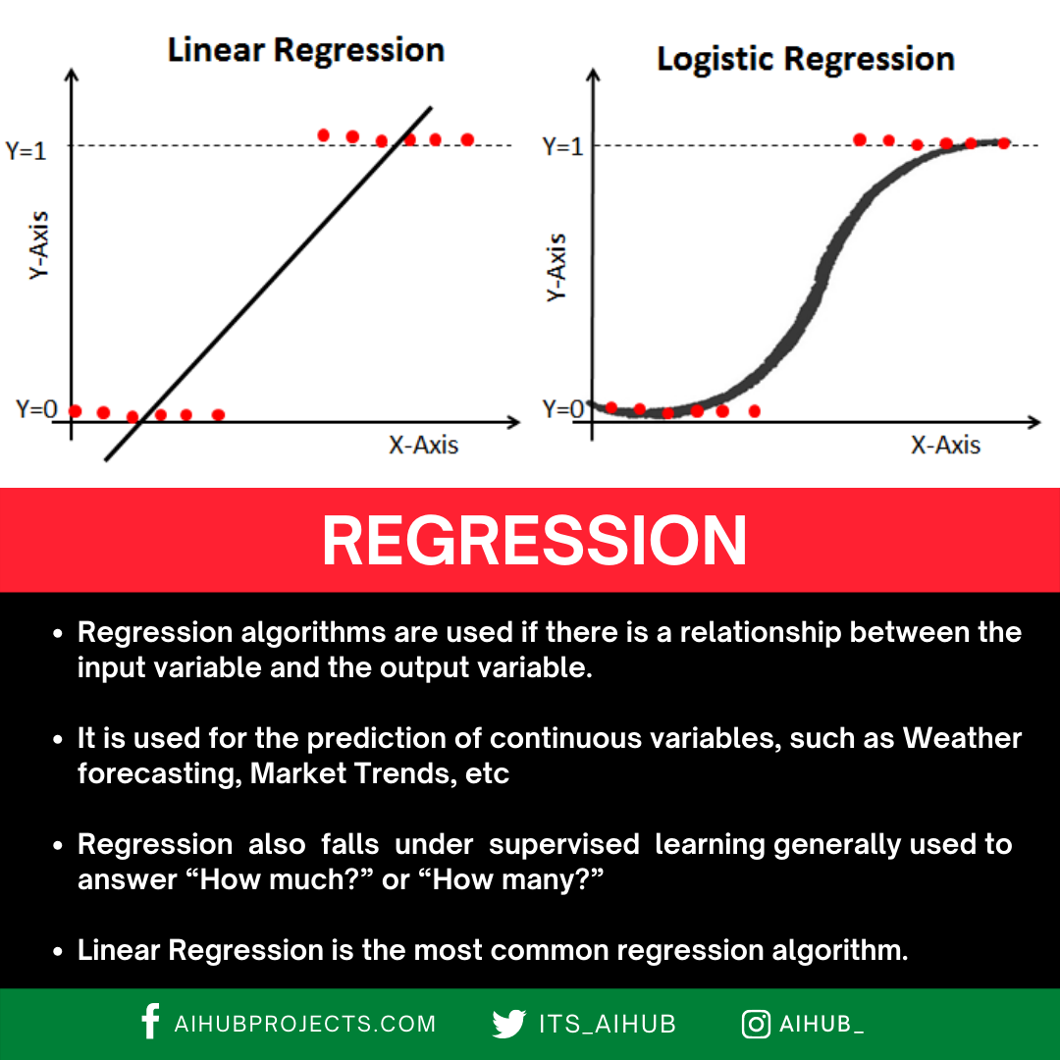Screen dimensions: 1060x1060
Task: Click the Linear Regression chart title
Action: [x=305, y=50]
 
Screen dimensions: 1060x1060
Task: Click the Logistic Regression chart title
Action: [x=805, y=59]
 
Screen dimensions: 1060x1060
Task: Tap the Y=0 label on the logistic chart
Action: [x=563, y=408]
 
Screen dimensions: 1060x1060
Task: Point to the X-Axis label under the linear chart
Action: [x=423, y=445]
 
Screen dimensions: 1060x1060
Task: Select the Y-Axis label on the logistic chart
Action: [x=556, y=267]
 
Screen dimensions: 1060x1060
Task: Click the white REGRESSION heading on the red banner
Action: [x=534, y=541]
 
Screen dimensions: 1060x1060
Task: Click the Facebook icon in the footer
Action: [x=150, y=1022]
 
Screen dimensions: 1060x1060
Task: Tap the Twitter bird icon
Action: [x=508, y=1024]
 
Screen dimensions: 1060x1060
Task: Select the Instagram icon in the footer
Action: [x=755, y=1024]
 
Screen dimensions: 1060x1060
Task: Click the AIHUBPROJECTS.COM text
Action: [x=304, y=1024]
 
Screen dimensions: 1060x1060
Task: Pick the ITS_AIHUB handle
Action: [x=608, y=1024]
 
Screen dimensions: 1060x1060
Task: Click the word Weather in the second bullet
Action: [x=962, y=738]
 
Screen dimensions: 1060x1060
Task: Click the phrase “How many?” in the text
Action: [x=517, y=879]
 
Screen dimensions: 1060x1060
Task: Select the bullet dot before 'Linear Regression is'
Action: [x=58, y=951]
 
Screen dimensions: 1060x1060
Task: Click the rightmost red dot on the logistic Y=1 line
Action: [x=1003, y=143]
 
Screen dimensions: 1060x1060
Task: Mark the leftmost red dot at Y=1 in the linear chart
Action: [x=323, y=134]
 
